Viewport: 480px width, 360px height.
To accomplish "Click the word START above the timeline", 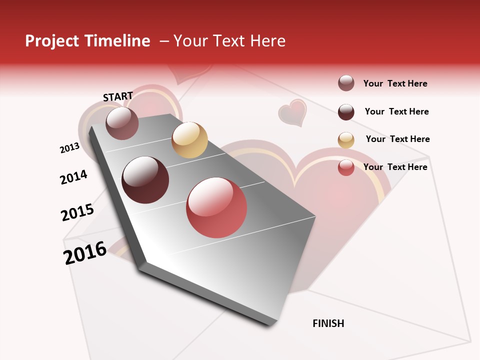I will click(x=118, y=96).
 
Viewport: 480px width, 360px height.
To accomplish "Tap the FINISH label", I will click(x=328, y=323).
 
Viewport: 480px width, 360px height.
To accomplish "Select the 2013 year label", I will click(x=69, y=148).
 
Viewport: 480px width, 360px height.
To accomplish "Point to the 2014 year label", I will click(x=73, y=177).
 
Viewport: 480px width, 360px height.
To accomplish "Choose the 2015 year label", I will click(x=77, y=212).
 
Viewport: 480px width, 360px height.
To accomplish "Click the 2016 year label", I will click(x=85, y=253).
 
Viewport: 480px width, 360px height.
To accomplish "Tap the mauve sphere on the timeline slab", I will click(x=122, y=123).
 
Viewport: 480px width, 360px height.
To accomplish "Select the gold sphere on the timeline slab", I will click(x=189, y=140).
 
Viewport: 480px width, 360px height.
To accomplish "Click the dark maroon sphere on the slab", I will click(x=145, y=180).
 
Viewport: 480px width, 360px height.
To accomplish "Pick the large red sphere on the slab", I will click(x=216, y=207).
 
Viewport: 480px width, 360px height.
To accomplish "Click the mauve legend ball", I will click(x=346, y=83).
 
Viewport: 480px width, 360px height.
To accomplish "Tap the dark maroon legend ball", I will click(x=346, y=112).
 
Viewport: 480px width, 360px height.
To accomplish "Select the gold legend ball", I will click(x=346, y=140).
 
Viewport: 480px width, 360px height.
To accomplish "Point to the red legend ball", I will click(x=346, y=167).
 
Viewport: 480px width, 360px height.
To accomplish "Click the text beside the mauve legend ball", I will click(x=395, y=83).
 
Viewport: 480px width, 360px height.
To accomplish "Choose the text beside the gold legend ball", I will click(x=397, y=139).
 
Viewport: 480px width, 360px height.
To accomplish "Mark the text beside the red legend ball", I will click(x=395, y=167).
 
